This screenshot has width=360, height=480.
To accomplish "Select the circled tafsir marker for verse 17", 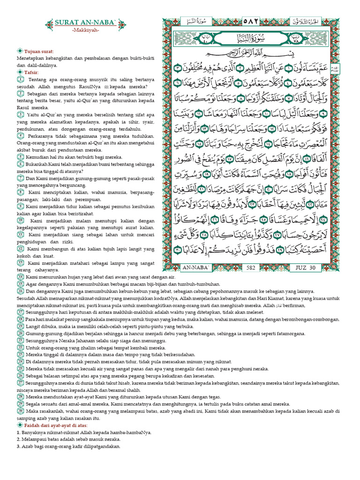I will click(x=21, y=313).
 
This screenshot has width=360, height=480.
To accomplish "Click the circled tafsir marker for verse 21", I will click(x=21, y=341).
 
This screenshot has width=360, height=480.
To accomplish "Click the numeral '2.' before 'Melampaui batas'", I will click(x=18, y=439).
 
